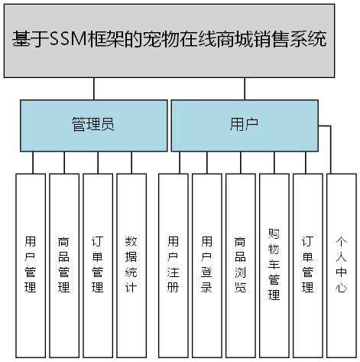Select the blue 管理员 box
[93, 125]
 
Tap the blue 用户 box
[244, 125]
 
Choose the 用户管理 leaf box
[31, 265]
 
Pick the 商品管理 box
[64, 265]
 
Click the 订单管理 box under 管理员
[98, 265]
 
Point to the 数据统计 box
[131, 265]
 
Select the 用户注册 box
[173, 265]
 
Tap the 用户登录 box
[206, 265]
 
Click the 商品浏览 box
[240, 265]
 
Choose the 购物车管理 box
[274, 265]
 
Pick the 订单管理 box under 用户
[307, 265]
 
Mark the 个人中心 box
[341, 265]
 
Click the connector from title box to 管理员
[93, 88]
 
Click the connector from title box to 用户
[245, 88]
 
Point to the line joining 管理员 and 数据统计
[131, 162]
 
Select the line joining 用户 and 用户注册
[180, 162]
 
